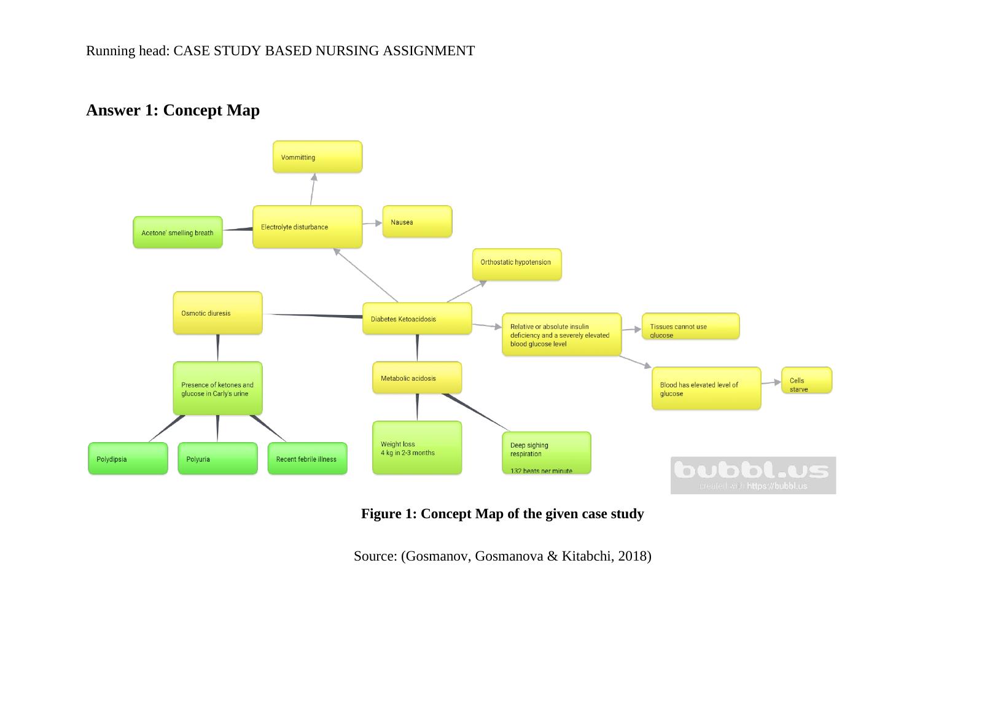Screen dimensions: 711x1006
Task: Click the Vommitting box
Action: pos(318,157)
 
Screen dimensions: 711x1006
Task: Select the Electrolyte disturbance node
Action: pos(307,227)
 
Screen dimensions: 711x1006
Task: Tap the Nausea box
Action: pos(417,222)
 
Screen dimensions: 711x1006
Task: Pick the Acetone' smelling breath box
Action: pos(177,233)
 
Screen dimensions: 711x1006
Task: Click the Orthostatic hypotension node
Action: pos(517,265)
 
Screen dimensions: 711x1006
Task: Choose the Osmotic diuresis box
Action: pos(217,313)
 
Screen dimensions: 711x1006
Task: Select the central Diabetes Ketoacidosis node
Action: pos(417,319)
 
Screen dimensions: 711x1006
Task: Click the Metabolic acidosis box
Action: pos(417,378)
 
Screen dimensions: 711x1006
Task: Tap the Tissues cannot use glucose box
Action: pos(690,327)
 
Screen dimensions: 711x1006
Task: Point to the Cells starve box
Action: pos(806,381)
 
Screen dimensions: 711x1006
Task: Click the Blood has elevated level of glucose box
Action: pos(706,389)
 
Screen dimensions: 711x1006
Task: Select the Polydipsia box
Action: pos(128,459)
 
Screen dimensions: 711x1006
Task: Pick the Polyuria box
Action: pos(217,459)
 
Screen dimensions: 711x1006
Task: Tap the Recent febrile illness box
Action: pos(307,459)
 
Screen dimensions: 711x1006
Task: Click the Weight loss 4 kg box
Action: pos(417,448)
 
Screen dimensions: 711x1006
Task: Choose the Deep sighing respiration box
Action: pos(546,453)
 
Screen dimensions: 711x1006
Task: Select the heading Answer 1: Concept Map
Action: pos(173,111)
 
